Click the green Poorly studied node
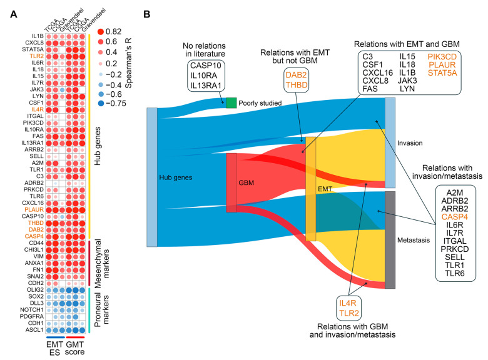pyautogui.click(x=231, y=103)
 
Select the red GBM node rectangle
pyautogui.click(x=231, y=182)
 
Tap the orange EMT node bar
pyautogui.click(x=311, y=189)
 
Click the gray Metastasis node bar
pyautogui.click(x=390, y=240)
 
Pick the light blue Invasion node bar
pyautogui.click(x=390, y=142)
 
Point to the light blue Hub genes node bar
pyautogui.click(x=152, y=177)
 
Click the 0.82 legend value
pyautogui.click(x=114, y=32)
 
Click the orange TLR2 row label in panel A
pyautogui.click(x=37, y=56)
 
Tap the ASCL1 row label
pyautogui.click(x=34, y=330)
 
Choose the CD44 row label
pyautogui.click(x=36, y=243)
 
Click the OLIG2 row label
pyautogui.click(x=35, y=290)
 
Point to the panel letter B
pyautogui.click(x=146, y=14)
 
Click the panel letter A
pyautogui.click(x=13, y=14)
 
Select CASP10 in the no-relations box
pyautogui.click(x=206, y=66)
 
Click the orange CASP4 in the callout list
pyautogui.click(x=455, y=217)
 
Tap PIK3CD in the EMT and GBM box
pyautogui.click(x=442, y=57)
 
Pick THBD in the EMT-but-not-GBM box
pyautogui.click(x=297, y=85)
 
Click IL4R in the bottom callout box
pyautogui.click(x=348, y=303)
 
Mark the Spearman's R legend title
pyautogui.click(x=128, y=63)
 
